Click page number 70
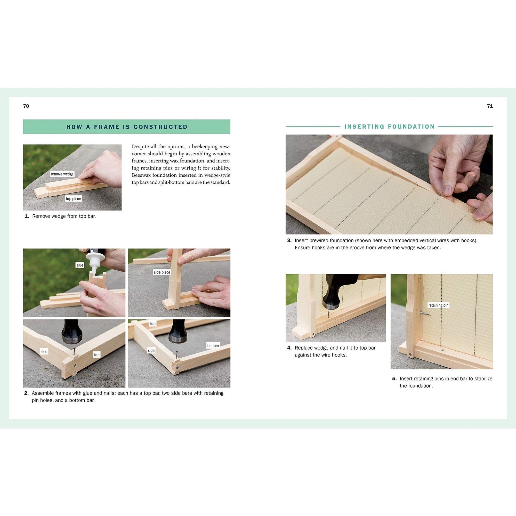click(x=26, y=106)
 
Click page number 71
click(x=490, y=106)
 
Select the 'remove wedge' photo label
click(x=62, y=174)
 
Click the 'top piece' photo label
click(x=74, y=199)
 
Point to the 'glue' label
click(x=79, y=265)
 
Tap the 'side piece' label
click(x=162, y=272)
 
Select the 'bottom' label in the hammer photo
click(x=213, y=346)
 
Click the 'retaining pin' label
click(x=438, y=305)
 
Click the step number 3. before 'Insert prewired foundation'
click(x=289, y=240)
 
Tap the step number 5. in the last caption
click(x=394, y=378)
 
